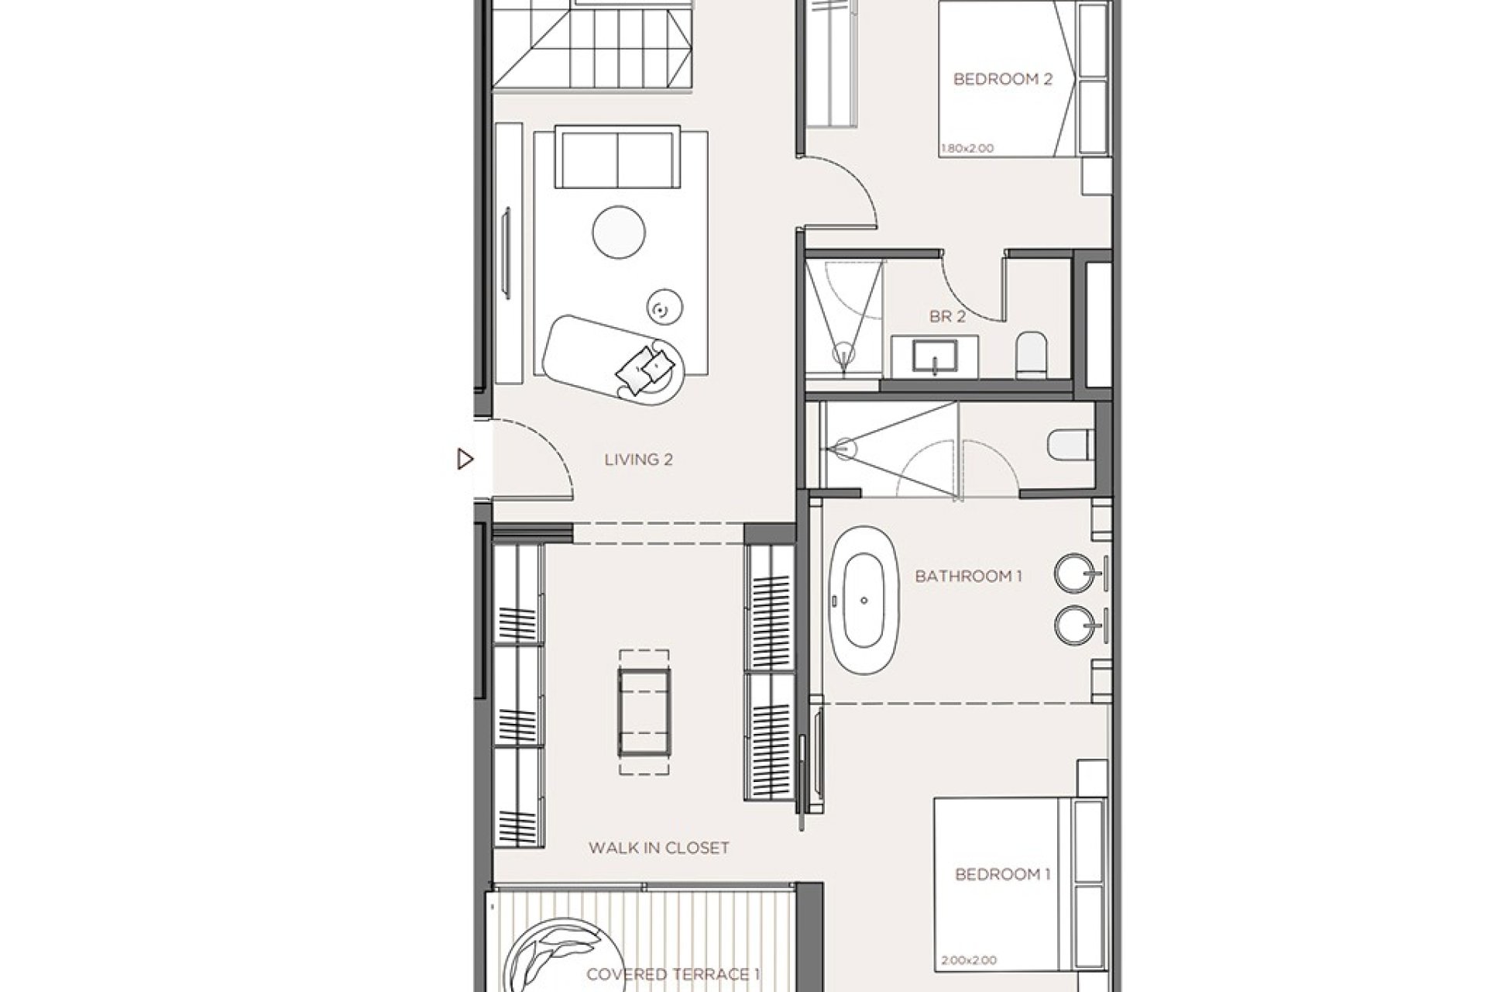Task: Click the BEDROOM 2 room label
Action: [x=1002, y=79]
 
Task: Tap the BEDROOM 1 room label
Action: [x=1002, y=874]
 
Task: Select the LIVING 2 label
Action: [x=638, y=460]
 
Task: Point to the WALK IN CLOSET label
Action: [x=658, y=848]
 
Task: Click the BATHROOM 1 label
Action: [x=968, y=576]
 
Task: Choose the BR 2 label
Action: [x=947, y=316]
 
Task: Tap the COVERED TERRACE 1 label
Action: [x=672, y=974]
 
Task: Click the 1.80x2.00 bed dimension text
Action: [x=967, y=148]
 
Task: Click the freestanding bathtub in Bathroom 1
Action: [x=864, y=601]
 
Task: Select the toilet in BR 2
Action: [x=1032, y=353]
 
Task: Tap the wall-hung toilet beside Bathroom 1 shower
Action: [x=1070, y=446]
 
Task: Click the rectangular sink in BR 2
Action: [x=935, y=357]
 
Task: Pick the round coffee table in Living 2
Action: [x=619, y=230]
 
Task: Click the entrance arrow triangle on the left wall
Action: [x=465, y=460]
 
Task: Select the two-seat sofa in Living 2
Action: [x=618, y=159]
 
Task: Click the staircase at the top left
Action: [x=590, y=46]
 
